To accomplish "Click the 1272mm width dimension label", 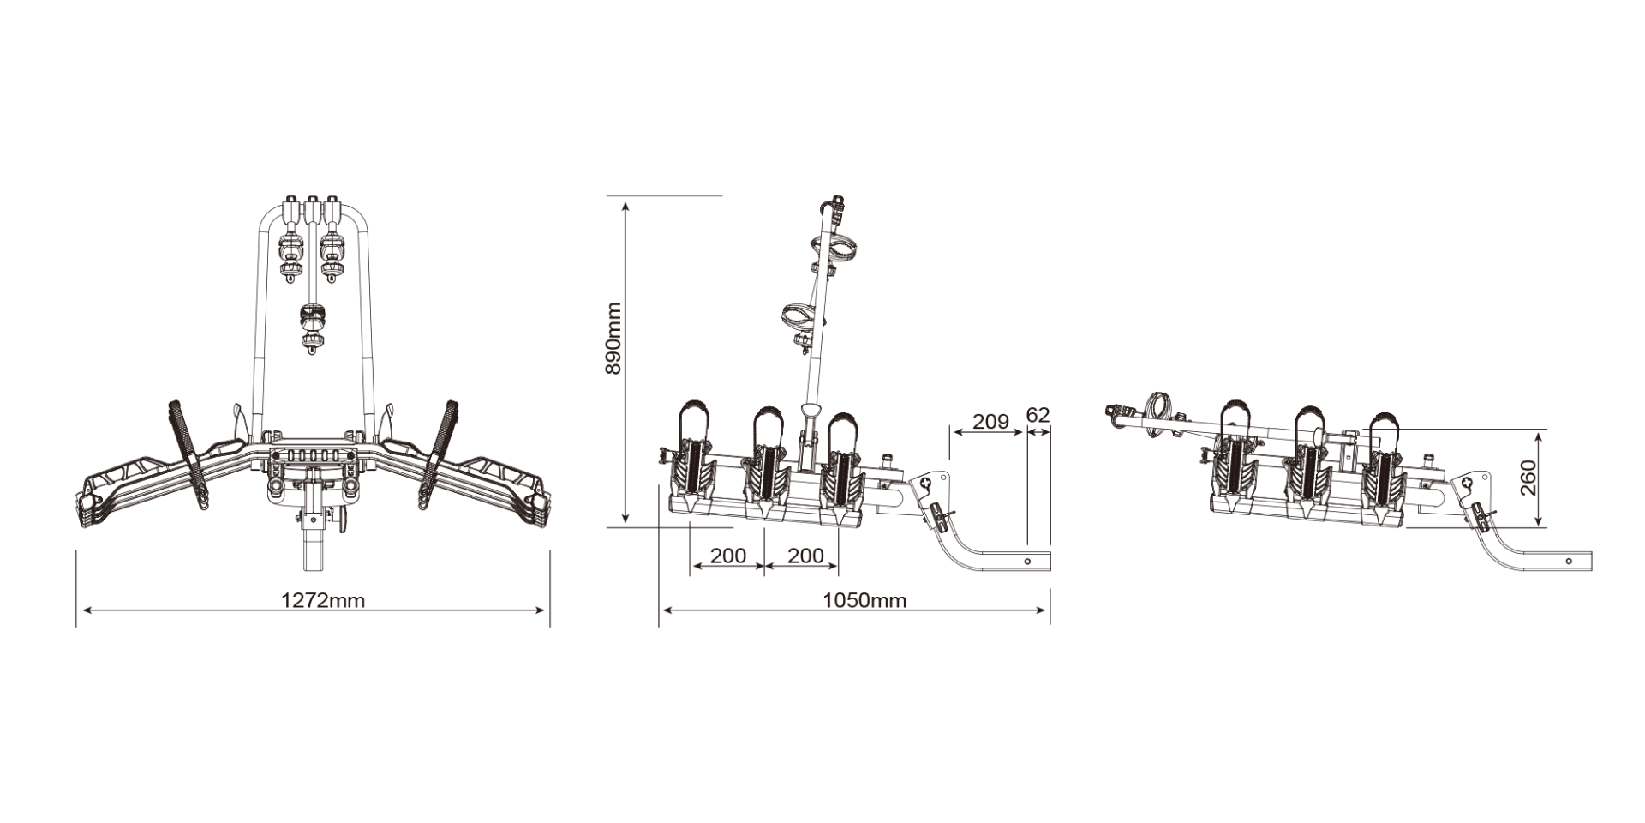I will click(x=323, y=600).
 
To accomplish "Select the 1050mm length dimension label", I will click(x=864, y=600).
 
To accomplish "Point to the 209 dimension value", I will click(x=990, y=422).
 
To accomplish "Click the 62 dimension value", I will click(x=1038, y=416).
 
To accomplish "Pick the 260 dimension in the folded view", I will click(x=1528, y=478).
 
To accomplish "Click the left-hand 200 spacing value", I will click(x=727, y=556).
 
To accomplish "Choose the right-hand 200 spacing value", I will click(x=805, y=556).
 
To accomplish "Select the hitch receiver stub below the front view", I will click(x=313, y=549).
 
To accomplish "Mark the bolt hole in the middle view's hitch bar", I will click(x=1028, y=560).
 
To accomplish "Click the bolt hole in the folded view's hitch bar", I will click(x=1569, y=561).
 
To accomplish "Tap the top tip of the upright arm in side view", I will click(x=834, y=201).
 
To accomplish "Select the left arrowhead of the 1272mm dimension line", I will click(x=81, y=610).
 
